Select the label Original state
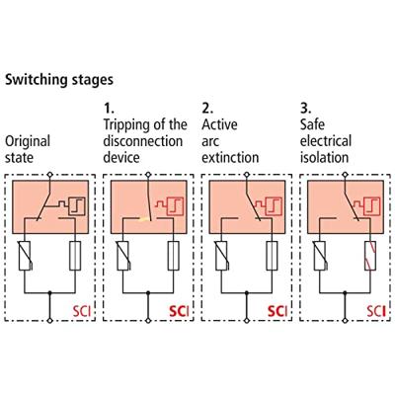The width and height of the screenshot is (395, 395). click(x=28, y=149)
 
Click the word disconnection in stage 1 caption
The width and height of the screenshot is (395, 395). click(x=144, y=140)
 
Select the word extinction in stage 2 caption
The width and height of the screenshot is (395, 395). click(x=230, y=156)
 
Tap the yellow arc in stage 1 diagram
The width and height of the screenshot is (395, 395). click(x=144, y=217)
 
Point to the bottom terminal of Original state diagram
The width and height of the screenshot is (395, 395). click(x=49, y=321)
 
